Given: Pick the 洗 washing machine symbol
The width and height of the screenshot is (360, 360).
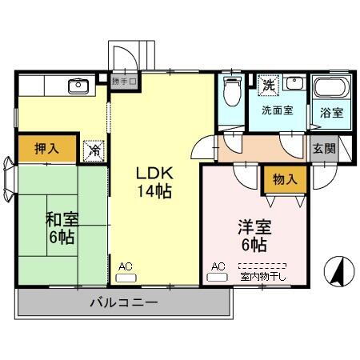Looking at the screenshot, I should tap(268, 83).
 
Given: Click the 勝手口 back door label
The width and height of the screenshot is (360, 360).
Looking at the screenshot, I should tap(125, 81).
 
